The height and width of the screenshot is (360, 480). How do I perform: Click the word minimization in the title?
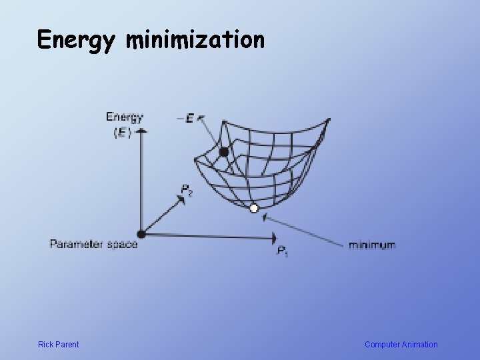click(195, 41)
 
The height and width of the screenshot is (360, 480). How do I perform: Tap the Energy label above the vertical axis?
click(124, 118)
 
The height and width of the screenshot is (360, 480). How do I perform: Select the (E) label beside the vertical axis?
click(122, 132)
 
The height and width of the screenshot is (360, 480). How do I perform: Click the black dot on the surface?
click(224, 152)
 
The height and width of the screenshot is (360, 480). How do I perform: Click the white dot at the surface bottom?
click(253, 209)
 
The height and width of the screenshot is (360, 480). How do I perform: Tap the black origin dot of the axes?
click(141, 233)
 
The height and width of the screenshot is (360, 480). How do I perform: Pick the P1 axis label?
click(283, 251)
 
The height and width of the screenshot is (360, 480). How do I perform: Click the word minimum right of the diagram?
click(372, 245)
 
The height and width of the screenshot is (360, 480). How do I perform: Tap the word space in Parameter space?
click(123, 244)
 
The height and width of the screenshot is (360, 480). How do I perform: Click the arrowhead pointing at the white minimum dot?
click(267, 217)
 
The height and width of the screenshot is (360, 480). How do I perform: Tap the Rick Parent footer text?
click(58, 345)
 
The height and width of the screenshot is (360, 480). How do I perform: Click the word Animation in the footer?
click(419, 345)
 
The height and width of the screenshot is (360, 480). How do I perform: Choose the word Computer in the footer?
click(381, 345)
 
